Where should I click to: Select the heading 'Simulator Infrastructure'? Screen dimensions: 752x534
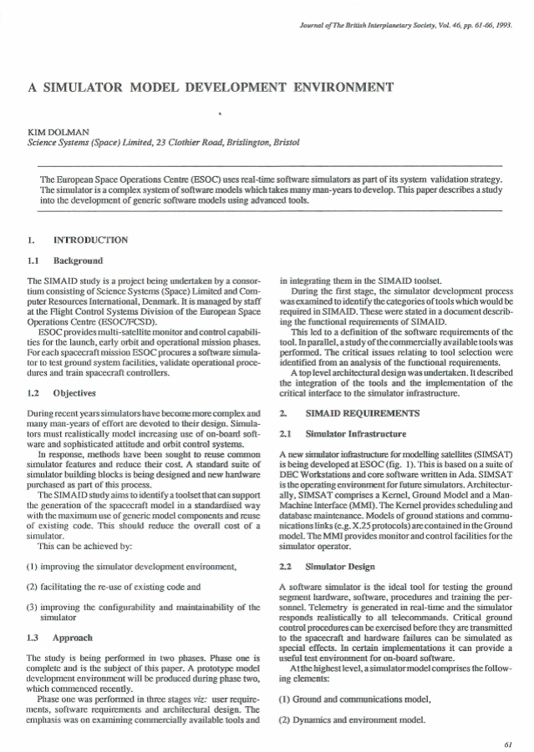[x=354, y=434]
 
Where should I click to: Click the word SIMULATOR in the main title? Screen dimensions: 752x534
[x=88, y=87]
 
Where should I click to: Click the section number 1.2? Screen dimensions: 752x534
[x=34, y=391]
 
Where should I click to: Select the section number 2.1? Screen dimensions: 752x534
[x=284, y=434]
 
